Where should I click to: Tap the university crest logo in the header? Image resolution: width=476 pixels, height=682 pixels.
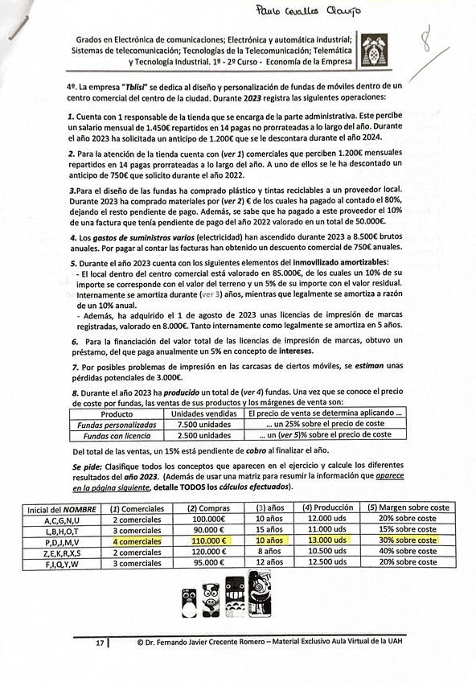(375, 50)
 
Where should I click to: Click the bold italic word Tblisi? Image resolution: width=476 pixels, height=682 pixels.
(152, 85)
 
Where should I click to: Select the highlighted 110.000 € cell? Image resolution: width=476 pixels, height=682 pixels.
(208, 540)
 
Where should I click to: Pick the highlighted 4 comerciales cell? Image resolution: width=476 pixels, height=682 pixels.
(137, 540)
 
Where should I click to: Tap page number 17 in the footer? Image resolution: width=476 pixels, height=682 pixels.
(100, 643)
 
